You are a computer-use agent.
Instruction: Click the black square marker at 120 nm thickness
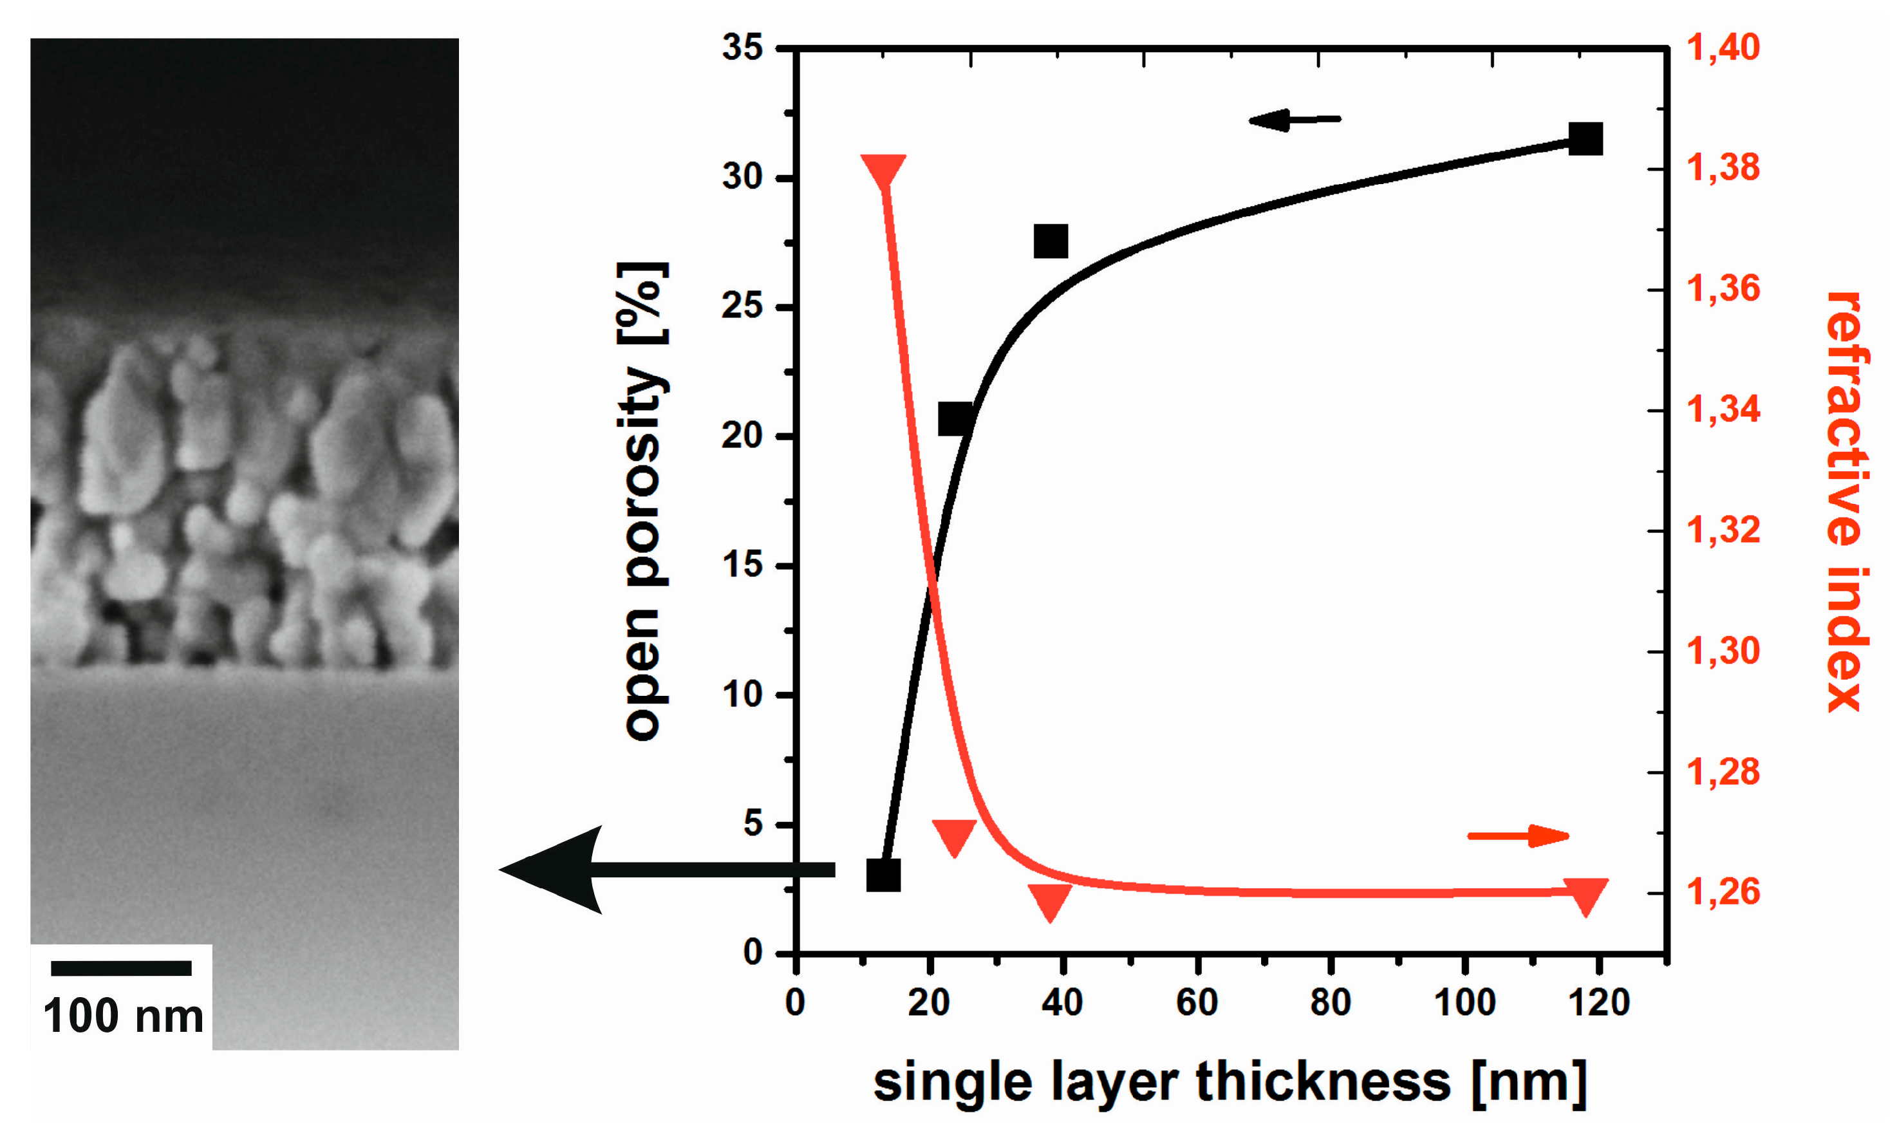pos(1585,139)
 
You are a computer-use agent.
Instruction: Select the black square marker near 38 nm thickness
pos(1050,241)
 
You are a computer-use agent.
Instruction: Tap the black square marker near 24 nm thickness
pos(955,418)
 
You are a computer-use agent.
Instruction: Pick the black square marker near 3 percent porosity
pos(883,875)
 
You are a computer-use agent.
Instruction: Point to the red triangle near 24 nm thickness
pos(954,836)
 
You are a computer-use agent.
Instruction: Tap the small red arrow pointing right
pos(1517,835)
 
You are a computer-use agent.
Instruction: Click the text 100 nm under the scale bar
pos(123,1016)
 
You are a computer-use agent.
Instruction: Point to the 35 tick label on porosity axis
pos(742,48)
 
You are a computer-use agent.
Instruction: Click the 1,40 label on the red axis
pos(1723,48)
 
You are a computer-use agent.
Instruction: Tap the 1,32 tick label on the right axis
pos(1723,530)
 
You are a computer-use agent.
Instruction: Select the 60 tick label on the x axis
pos(1197,1002)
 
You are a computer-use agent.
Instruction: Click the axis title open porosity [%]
pos(643,501)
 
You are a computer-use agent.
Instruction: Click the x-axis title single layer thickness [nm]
pos(1229,1081)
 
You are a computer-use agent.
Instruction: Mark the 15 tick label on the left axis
pos(742,565)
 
